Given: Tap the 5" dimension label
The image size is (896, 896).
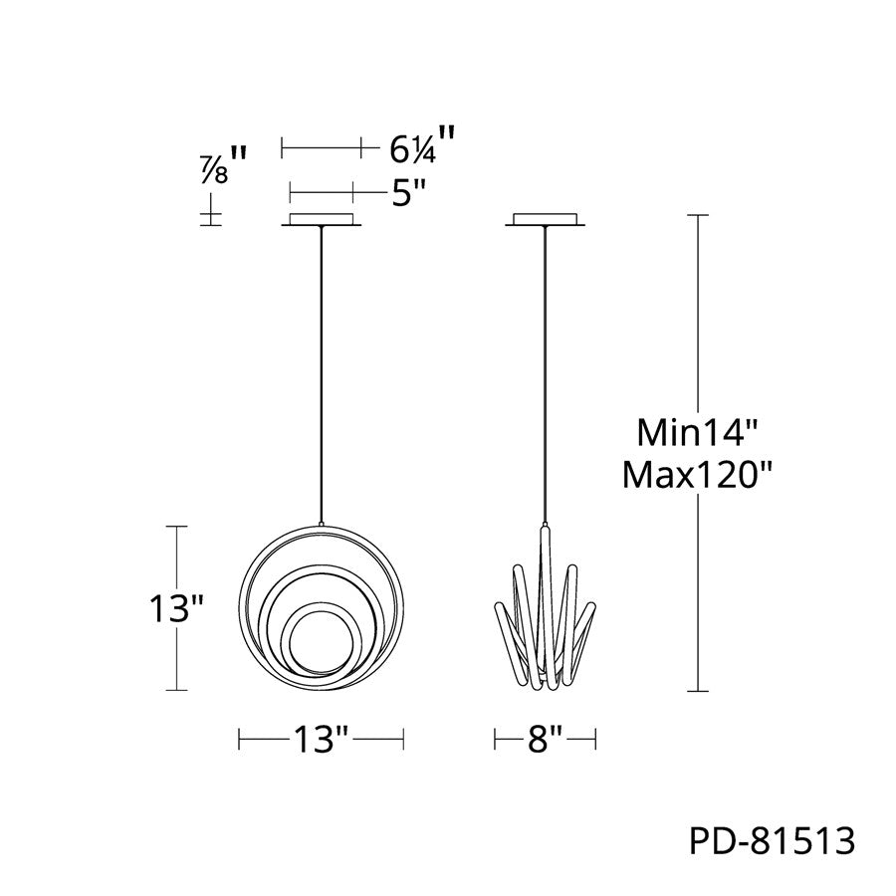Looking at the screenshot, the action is (409, 194).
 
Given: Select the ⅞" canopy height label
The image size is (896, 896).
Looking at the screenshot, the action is (222, 165).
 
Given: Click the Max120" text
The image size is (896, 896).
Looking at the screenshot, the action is (697, 475).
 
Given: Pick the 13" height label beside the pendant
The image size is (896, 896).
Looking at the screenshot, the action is (176, 608).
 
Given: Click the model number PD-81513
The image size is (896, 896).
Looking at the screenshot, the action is (772, 840).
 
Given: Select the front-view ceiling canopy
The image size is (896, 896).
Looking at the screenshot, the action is (322, 220).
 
